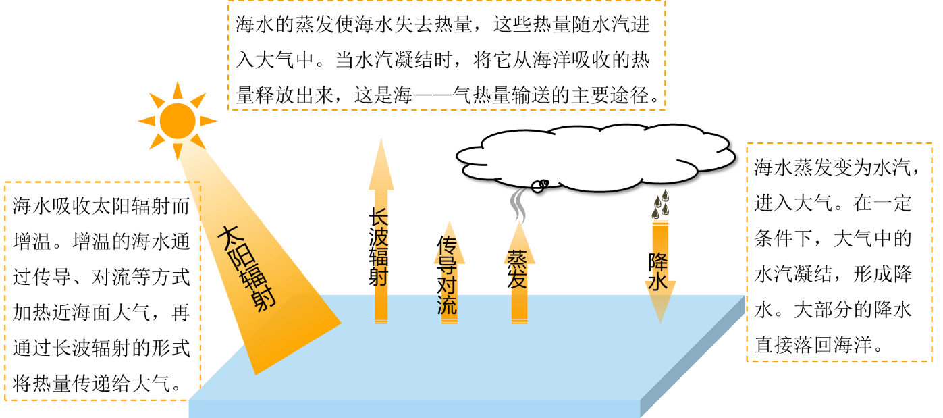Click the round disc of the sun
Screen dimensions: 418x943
point(178,121)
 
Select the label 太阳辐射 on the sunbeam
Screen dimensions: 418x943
point(246,267)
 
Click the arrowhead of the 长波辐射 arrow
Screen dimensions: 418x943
point(381,165)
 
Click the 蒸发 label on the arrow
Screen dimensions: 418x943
point(518,269)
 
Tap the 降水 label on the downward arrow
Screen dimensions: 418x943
point(659,271)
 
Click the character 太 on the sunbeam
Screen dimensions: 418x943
point(228,238)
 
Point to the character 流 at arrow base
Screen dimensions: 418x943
point(448,305)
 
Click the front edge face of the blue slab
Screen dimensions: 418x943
point(413,409)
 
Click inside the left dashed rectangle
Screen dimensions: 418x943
point(101,290)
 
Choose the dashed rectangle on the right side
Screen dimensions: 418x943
point(839,252)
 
